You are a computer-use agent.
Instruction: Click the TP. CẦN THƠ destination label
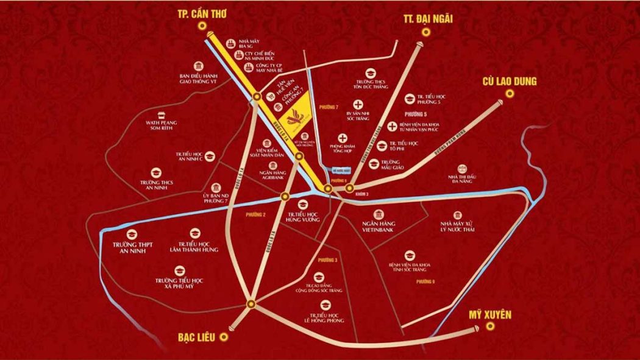point(201,13)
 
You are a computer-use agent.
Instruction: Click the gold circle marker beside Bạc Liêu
point(224,336)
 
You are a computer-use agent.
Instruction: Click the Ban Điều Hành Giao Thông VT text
point(199,77)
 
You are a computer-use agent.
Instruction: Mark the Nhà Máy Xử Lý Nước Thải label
point(456,229)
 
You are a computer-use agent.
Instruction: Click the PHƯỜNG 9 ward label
point(425,281)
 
